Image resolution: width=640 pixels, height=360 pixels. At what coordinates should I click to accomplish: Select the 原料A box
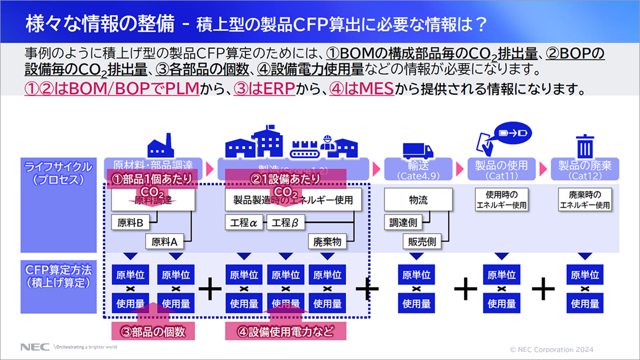tap(164, 242)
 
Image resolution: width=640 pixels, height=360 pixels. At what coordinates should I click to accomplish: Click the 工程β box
tap(285, 223)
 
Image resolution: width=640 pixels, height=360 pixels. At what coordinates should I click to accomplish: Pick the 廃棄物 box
tap(327, 242)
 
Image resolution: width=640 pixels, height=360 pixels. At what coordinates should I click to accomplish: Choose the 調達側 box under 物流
tap(403, 223)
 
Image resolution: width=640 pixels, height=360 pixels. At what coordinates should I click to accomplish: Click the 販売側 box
tap(421, 242)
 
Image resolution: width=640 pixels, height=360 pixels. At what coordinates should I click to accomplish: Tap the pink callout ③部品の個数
tap(152, 331)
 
